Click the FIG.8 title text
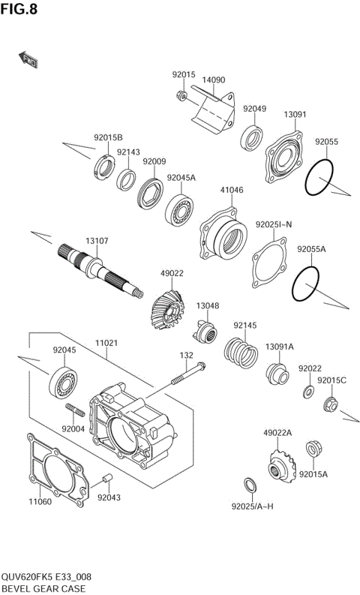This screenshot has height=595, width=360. [x=19, y=10]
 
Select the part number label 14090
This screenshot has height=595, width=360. [x=214, y=80]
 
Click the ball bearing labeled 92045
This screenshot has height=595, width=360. [x=65, y=382]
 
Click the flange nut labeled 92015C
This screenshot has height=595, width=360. [x=328, y=406]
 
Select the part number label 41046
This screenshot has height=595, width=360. [x=231, y=190]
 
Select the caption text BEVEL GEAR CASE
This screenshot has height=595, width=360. [x=43, y=588]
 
